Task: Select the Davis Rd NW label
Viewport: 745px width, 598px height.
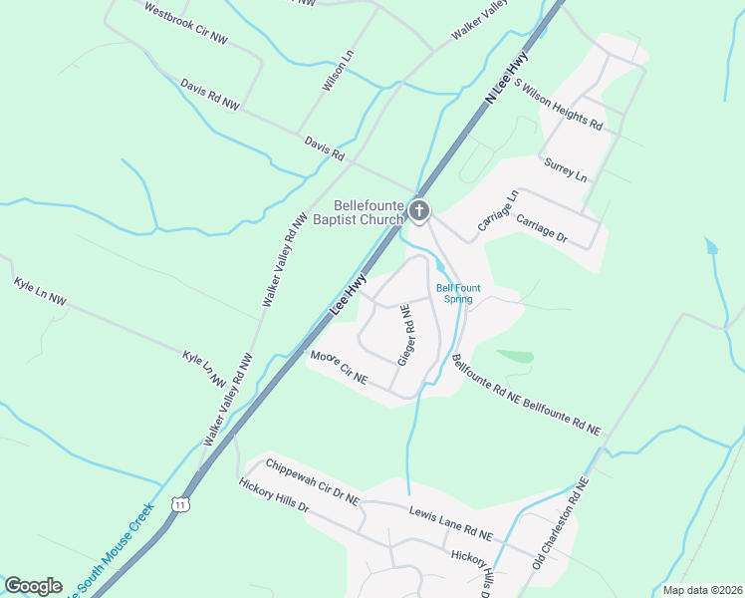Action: click(210, 95)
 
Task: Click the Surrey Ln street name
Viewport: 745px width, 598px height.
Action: click(566, 168)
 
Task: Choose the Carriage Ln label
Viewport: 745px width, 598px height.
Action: click(499, 212)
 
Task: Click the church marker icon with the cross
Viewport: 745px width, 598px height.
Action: click(419, 210)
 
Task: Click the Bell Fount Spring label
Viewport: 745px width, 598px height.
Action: click(458, 293)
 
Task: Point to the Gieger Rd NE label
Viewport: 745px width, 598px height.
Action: click(405, 335)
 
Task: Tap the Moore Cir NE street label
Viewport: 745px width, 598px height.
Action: click(339, 368)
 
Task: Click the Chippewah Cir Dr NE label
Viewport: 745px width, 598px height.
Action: click(313, 482)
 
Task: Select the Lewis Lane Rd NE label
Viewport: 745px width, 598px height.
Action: click(451, 522)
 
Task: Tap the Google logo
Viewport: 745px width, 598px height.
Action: click(33, 586)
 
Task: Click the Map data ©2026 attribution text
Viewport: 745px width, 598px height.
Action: click(701, 590)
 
